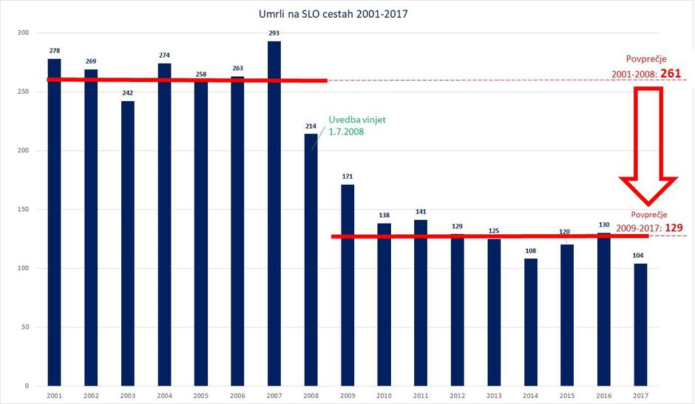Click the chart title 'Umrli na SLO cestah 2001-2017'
pyautogui.click(x=347, y=13)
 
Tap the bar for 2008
pyautogui.click(x=311, y=259)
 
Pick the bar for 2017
pyautogui.click(x=640, y=325)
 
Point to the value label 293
pyautogui.click(x=274, y=33)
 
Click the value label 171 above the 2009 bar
pyautogui.click(x=347, y=177)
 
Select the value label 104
pyautogui.click(x=640, y=256)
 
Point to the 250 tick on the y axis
pyautogui.click(x=22, y=92)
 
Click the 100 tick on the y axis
pyautogui.click(x=22, y=268)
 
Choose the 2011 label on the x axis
pyautogui.click(x=421, y=396)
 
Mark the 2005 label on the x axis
pyautogui.click(x=201, y=396)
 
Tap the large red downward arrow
pyautogui.click(x=648, y=148)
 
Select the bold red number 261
pyautogui.click(x=671, y=74)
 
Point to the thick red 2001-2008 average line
pyautogui.click(x=185, y=80)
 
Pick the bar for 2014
pyautogui.click(x=530, y=322)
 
